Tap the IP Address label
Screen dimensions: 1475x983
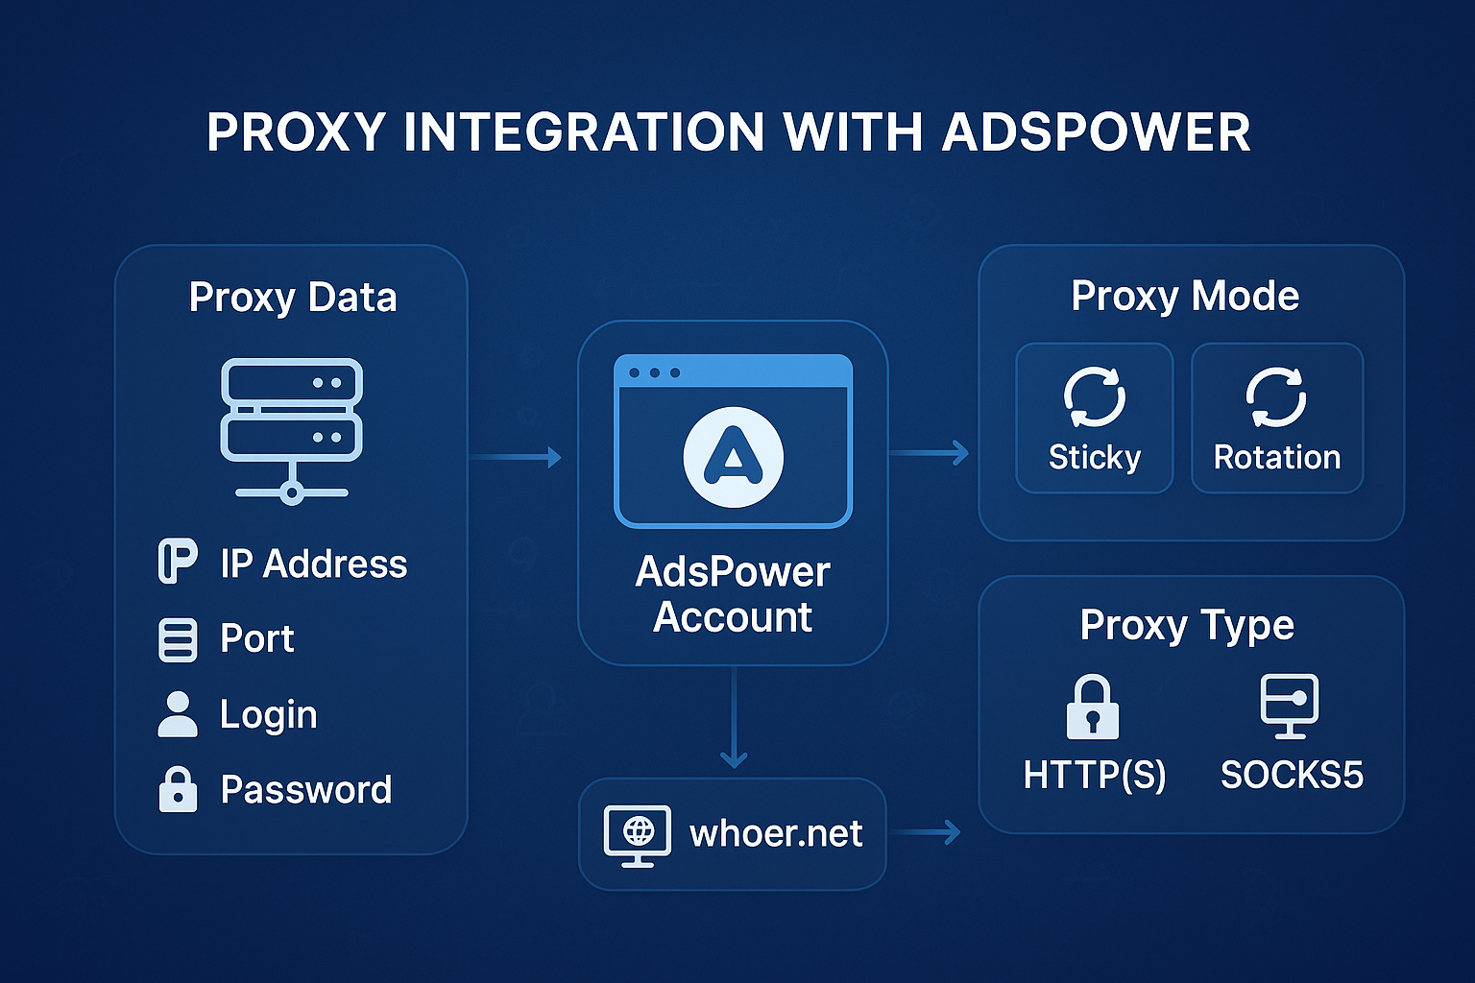pos(313,564)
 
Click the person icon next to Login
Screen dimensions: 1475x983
pos(178,714)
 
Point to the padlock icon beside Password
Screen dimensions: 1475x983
pos(178,789)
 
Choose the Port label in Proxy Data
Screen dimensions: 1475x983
pos(256,639)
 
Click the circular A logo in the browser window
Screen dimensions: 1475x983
pos(733,457)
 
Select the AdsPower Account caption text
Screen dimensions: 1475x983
pos(733,594)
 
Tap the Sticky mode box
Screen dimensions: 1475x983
pos(1095,419)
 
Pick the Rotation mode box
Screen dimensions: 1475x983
pos(1277,419)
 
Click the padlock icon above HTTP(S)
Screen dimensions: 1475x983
pos(1093,707)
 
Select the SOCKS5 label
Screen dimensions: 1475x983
pos(1292,775)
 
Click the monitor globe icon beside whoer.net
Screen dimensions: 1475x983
pos(638,834)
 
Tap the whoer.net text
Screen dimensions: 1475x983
pos(776,834)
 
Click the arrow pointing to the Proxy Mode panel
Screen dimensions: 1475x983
pos(930,452)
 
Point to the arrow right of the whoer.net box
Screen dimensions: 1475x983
pos(925,832)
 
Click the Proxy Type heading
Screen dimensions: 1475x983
pos(1187,626)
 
